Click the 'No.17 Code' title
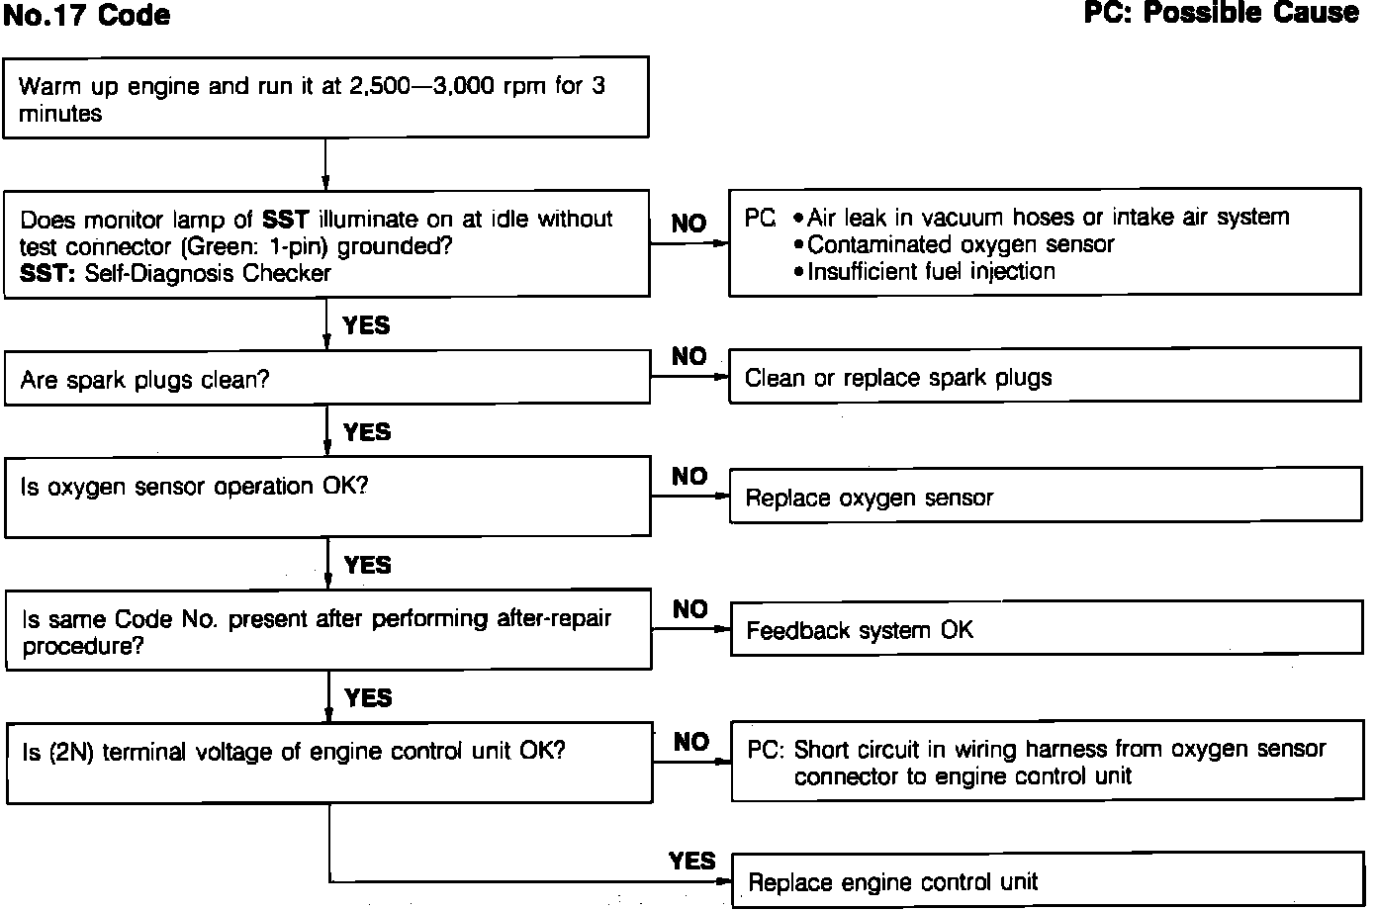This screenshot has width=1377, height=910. [x=87, y=16]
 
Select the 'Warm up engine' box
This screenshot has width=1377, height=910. [x=326, y=99]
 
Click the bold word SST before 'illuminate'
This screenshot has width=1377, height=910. [x=286, y=219]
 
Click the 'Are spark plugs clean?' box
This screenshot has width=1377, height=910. [x=326, y=379]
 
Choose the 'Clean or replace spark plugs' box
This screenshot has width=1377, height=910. [x=1044, y=377]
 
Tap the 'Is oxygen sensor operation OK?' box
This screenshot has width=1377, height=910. [x=326, y=497]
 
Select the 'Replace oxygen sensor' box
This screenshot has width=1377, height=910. [x=1044, y=498]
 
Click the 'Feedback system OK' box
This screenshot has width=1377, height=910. [x=1044, y=630]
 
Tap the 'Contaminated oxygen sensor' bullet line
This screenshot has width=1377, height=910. [x=960, y=244]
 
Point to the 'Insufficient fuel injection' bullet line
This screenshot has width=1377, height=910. [x=930, y=271]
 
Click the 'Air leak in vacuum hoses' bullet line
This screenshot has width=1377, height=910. [x=1047, y=218]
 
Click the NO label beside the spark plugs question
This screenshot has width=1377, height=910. [x=688, y=356]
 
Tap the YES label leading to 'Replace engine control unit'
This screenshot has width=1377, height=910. [x=691, y=861]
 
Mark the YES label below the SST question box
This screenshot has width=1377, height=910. [x=366, y=325]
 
